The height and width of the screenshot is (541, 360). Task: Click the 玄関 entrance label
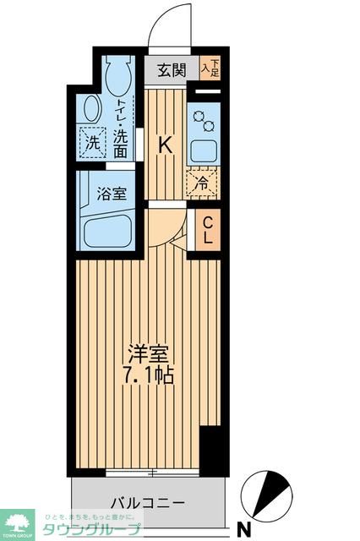pos(172,71)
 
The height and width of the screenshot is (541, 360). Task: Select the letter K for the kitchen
pos(166,145)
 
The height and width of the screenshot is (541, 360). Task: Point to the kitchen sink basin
pos(204,150)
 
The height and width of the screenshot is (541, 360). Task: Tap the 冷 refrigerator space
pos(203,181)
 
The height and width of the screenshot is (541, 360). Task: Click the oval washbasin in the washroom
pos(92,108)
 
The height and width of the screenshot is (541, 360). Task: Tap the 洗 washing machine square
pos(91,143)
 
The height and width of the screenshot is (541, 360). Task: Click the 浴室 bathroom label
pos(112,193)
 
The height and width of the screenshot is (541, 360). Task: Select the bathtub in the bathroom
pos(106,229)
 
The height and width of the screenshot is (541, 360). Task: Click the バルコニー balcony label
pos(149,503)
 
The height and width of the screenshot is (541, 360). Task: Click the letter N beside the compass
pos(244,530)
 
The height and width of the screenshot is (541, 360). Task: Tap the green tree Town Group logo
pos(16,524)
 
